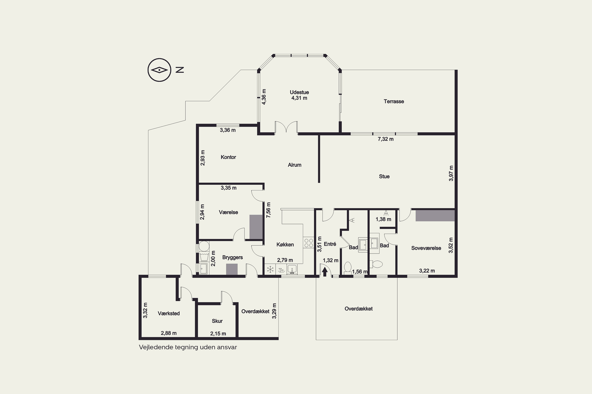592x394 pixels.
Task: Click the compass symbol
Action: (x=159, y=70)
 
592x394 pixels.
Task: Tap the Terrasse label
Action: (x=394, y=101)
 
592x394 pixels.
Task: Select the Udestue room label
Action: (x=299, y=92)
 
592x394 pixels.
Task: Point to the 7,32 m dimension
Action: (x=386, y=139)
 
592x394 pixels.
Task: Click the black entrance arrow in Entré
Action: (x=325, y=272)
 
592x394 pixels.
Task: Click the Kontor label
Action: (x=228, y=157)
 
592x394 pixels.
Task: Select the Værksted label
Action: (x=169, y=313)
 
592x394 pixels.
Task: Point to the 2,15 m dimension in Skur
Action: (x=218, y=334)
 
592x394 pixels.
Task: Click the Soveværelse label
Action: (x=426, y=248)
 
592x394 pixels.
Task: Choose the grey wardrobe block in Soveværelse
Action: (x=435, y=216)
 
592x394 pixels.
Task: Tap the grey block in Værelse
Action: (x=256, y=227)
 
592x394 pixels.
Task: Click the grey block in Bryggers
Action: (x=232, y=269)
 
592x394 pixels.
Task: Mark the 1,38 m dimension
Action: (x=383, y=219)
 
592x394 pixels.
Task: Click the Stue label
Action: (x=384, y=176)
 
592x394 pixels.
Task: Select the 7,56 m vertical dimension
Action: (x=268, y=210)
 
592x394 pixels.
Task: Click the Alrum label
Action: (x=294, y=165)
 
